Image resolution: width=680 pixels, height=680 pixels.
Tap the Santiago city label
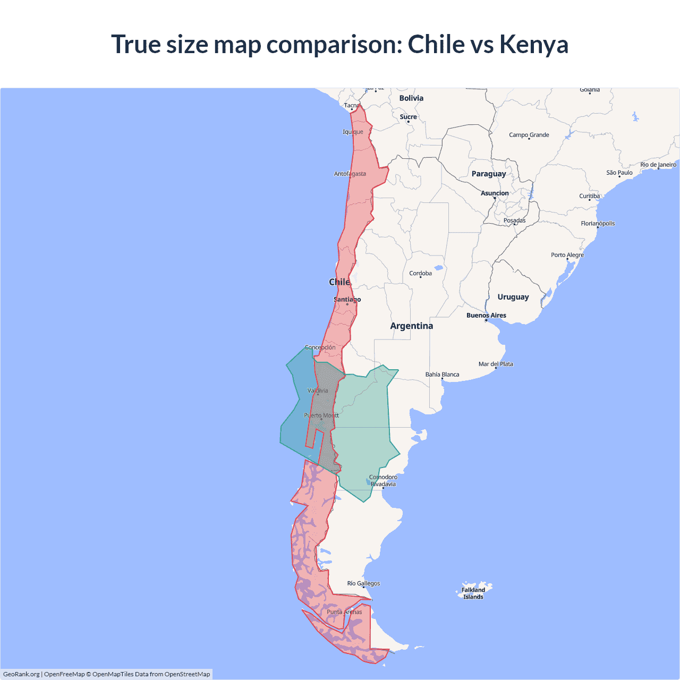[x=347, y=300]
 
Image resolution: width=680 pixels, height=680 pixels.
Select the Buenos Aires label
[x=486, y=316]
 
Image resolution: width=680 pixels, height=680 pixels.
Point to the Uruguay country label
[x=513, y=297]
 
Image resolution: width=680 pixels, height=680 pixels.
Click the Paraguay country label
[x=489, y=174]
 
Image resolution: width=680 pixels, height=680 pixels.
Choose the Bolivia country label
[x=411, y=98]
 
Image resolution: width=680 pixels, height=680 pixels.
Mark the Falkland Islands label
[x=473, y=593]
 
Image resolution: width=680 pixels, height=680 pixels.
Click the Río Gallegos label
[x=363, y=583]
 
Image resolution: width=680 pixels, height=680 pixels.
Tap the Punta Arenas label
[x=344, y=612]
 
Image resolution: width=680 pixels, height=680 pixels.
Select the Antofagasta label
[x=350, y=174]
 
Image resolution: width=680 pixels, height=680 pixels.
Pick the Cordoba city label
[x=420, y=274]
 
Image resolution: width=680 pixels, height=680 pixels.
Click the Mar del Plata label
[x=496, y=364]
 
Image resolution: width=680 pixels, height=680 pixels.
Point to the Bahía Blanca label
[x=442, y=375]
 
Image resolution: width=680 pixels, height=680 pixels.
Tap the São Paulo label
[x=619, y=173]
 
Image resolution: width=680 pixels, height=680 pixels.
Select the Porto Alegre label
[x=567, y=255]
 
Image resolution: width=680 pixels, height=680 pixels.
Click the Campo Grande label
[x=529, y=135]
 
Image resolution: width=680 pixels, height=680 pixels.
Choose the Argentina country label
[x=411, y=326]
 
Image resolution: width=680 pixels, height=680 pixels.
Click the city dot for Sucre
[x=408, y=122]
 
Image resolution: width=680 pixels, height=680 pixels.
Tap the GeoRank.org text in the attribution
[x=21, y=674]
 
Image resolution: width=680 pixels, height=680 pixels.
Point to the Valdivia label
[x=318, y=391]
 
